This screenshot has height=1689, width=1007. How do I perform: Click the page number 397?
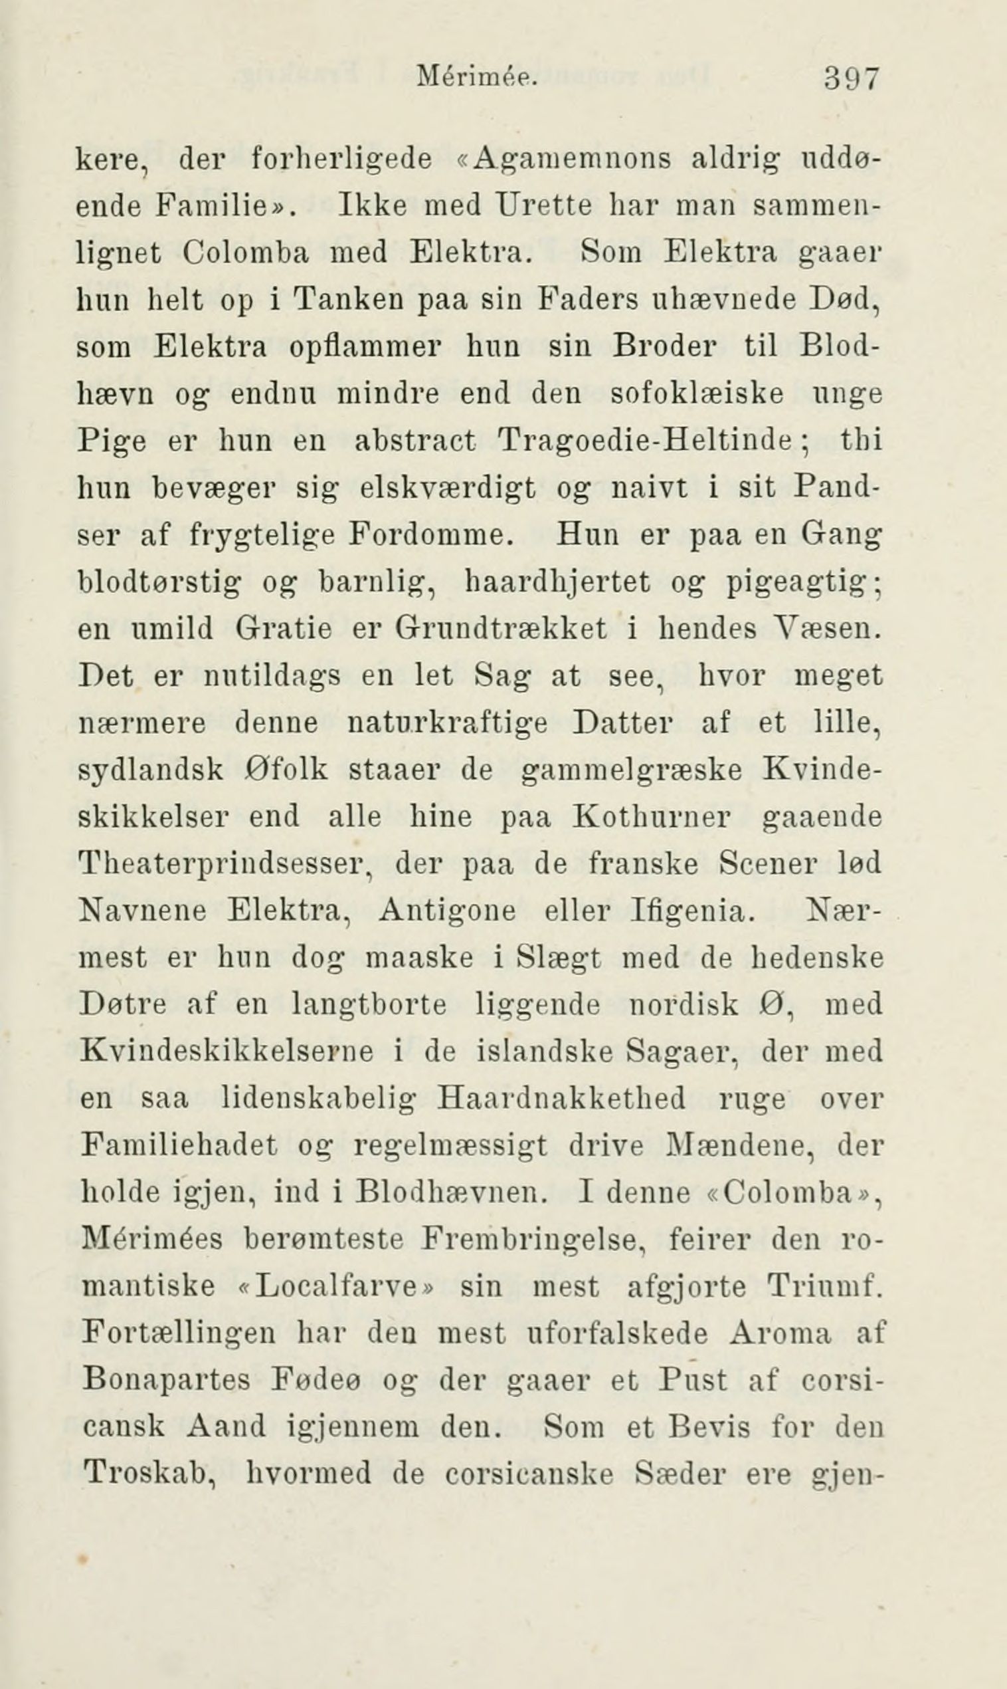[x=852, y=78]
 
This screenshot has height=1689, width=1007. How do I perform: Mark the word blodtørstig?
[x=160, y=582]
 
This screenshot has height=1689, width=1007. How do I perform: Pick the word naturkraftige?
[x=447, y=723]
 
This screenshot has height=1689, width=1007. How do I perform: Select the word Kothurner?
[x=651, y=817]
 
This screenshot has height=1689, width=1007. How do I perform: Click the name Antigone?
[x=448, y=911]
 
